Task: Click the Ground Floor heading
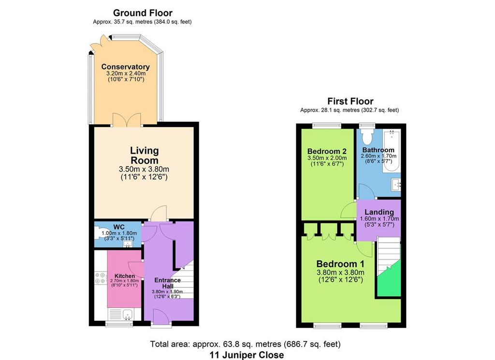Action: tap(143, 13)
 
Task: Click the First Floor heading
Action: tap(350, 101)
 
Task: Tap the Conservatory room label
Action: tap(125, 67)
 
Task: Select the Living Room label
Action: tap(144, 155)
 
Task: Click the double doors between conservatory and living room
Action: tap(127, 120)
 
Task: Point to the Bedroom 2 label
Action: tap(327, 151)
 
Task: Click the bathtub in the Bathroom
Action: tap(392, 151)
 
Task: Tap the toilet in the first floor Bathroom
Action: tap(367, 136)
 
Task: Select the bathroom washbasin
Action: tap(396, 184)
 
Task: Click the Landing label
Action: tap(379, 212)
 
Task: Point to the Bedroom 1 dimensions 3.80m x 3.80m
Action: tap(340, 273)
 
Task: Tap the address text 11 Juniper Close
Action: tap(247, 355)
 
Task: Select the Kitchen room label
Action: tap(125, 276)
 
